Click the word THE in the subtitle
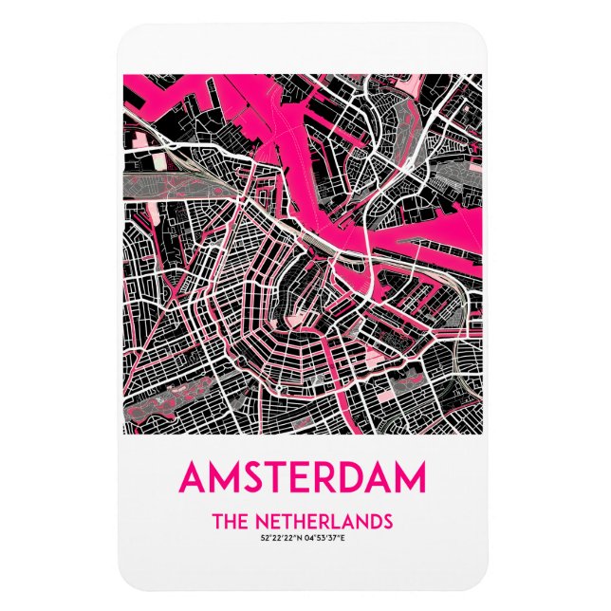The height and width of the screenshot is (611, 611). click(x=231, y=521)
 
